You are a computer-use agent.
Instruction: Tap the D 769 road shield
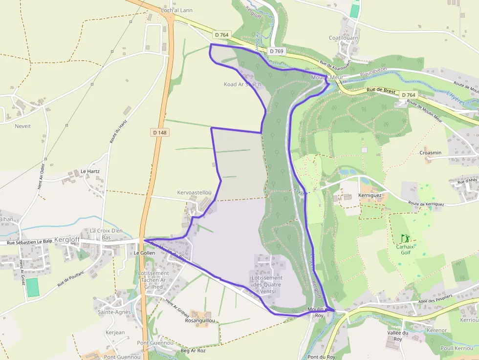tap(276, 51)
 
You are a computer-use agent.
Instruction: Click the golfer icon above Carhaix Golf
tap(405, 238)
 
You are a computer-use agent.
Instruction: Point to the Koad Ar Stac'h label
tap(243, 85)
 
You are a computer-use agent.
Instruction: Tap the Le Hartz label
tap(90, 171)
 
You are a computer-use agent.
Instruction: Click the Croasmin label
tap(430, 153)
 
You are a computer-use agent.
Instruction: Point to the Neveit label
tap(22, 126)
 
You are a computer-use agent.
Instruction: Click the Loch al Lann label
tap(176, 10)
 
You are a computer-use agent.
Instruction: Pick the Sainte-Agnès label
tap(114, 312)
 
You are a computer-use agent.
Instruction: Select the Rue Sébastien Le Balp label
tap(29, 242)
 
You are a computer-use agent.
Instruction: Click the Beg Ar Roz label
tap(193, 351)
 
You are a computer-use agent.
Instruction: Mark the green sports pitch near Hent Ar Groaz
tap(33, 287)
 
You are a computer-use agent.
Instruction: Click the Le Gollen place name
tap(144, 253)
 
